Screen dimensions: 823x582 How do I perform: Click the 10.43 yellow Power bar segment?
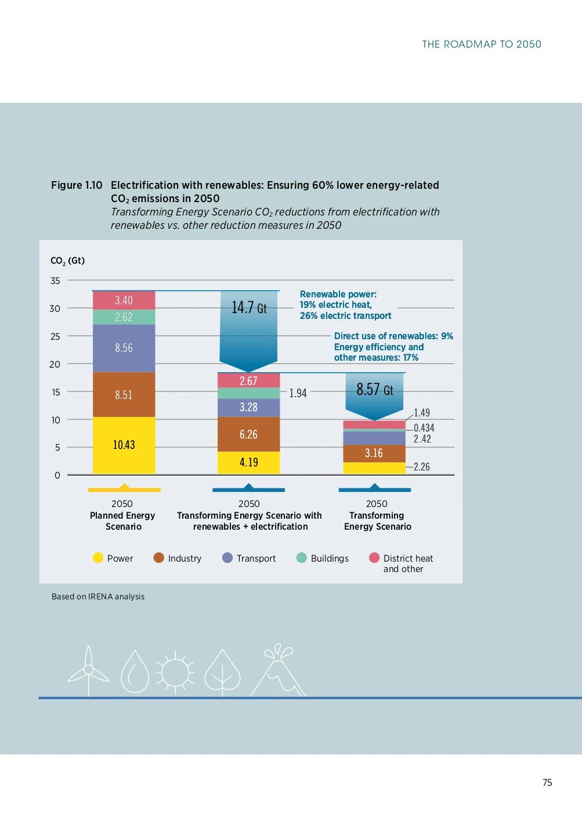pos(124,445)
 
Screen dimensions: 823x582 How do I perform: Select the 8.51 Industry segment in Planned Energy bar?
pos(124,394)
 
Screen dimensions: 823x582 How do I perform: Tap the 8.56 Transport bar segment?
pos(124,348)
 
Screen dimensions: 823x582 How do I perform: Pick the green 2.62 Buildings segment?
pos(124,317)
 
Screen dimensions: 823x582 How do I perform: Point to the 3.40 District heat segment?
pos(124,300)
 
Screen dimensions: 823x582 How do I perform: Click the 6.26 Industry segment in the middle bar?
pos(248,434)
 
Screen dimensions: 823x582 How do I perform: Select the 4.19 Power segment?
pos(248,462)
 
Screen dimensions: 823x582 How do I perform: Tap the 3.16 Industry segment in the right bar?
pos(374,453)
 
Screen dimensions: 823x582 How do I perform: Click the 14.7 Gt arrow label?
pos(249,307)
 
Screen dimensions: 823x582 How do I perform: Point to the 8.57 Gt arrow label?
pos(374,389)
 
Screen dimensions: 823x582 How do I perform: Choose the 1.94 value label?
pos(298,393)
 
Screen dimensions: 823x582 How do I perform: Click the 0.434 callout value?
pos(424,428)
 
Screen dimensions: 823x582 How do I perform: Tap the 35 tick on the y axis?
pos(55,281)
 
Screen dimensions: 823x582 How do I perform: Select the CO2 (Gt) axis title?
pos(67,261)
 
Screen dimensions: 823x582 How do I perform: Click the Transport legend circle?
pos(227,558)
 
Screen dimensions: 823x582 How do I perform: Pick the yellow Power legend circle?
pos(98,558)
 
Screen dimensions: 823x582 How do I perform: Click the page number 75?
pos(547,782)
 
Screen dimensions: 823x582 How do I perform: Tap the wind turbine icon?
pos(88,671)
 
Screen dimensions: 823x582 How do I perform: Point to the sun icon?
pos(175,673)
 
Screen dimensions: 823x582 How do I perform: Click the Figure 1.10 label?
pos(77,185)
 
